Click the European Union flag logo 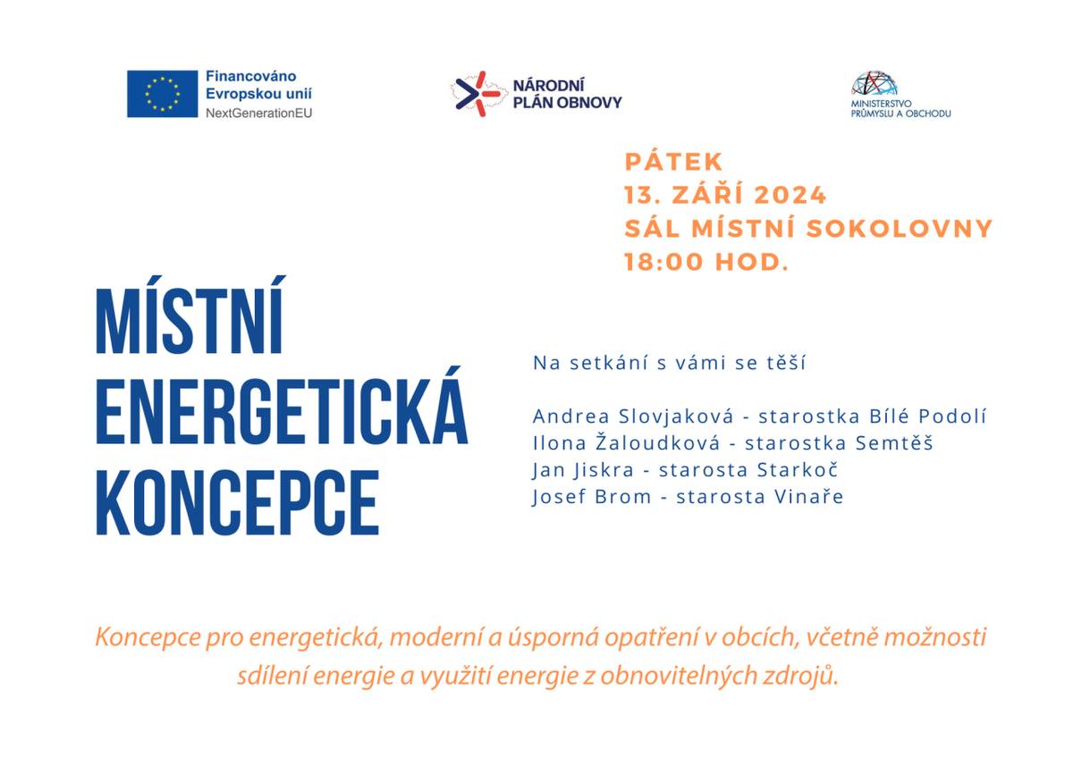162,94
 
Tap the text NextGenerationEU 259,113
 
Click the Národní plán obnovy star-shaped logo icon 474,94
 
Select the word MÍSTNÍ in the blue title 190,323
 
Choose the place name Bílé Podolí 927,416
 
